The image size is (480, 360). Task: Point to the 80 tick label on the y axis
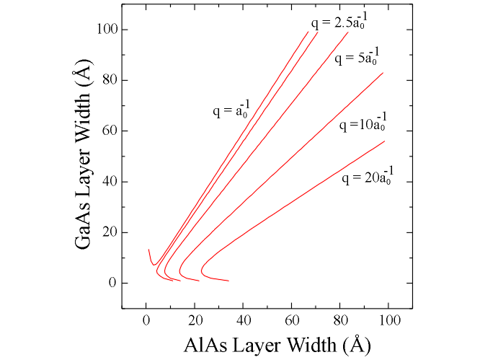(x=105, y=81)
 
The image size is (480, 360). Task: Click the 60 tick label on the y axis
(x=105, y=131)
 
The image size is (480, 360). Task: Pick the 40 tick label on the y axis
(x=105, y=182)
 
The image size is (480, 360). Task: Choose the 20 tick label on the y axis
(x=105, y=232)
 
